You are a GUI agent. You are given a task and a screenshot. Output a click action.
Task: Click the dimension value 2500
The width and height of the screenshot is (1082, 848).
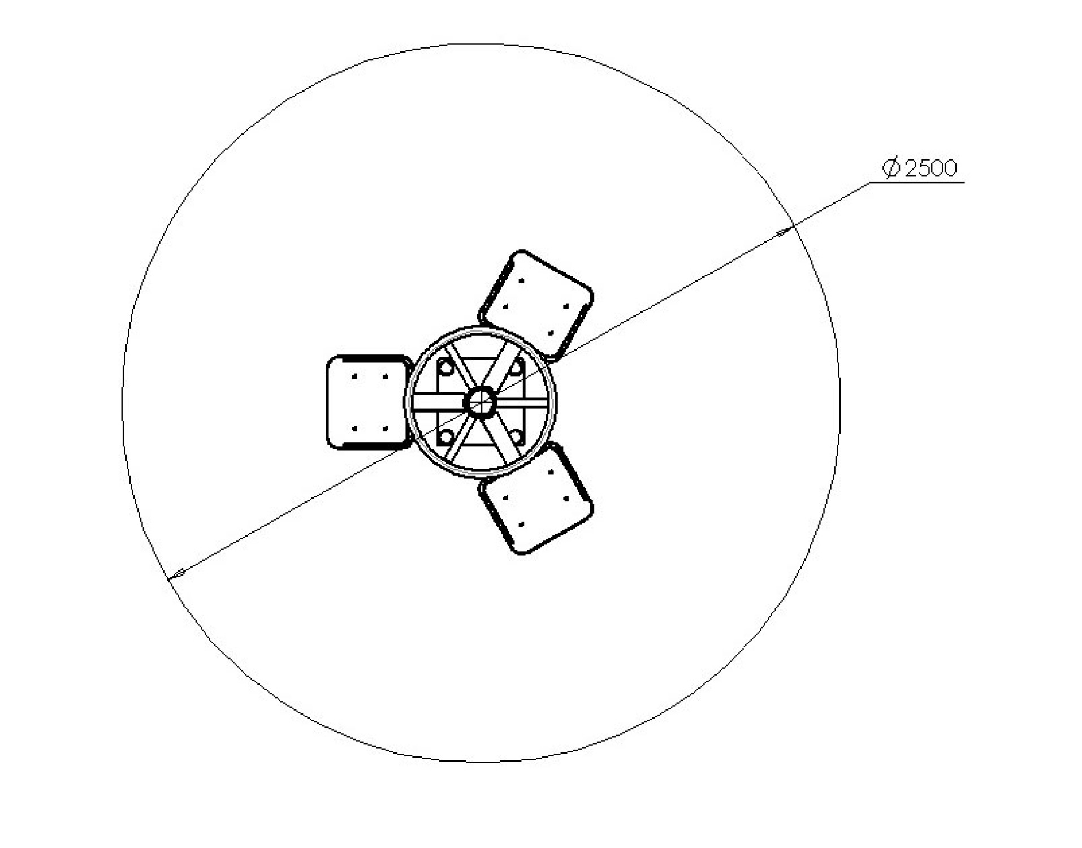pyautogui.click(x=930, y=168)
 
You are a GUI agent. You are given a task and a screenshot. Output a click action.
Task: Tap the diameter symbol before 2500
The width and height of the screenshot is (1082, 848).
pyautogui.click(x=891, y=168)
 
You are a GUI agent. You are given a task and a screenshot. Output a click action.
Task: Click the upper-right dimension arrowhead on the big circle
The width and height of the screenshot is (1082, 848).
pyautogui.click(x=784, y=232)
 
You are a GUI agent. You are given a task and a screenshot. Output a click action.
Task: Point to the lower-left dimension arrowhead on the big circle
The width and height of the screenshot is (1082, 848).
pyautogui.click(x=177, y=574)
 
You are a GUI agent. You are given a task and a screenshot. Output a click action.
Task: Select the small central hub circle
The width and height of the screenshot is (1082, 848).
pyautogui.click(x=480, y=403)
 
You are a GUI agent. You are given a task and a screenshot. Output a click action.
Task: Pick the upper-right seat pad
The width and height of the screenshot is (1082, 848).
pyautogui.click(x=536, y=305)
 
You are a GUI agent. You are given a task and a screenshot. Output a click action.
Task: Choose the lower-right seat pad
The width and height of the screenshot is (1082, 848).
pyautogui.click(x=536, y=499)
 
